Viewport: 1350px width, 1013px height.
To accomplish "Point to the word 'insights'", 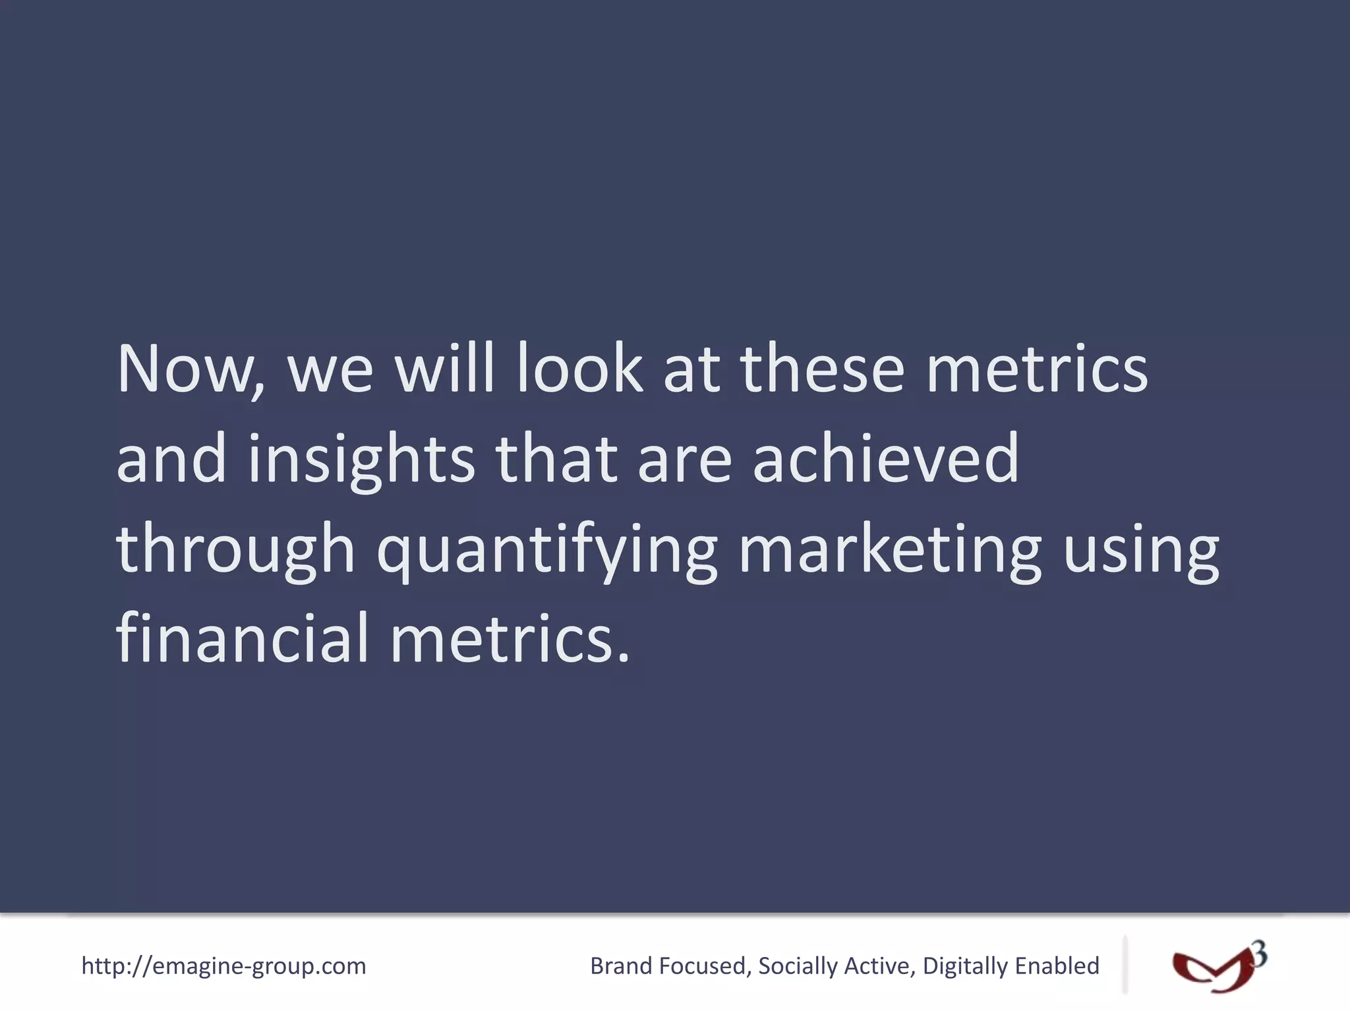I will click(x=361, y=460).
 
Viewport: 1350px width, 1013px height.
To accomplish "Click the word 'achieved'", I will click(x=886, y=459).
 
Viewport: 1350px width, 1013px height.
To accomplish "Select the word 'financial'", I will click(x=242, y=638).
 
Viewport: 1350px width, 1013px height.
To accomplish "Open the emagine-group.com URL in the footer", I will click(x=223, y=966).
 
